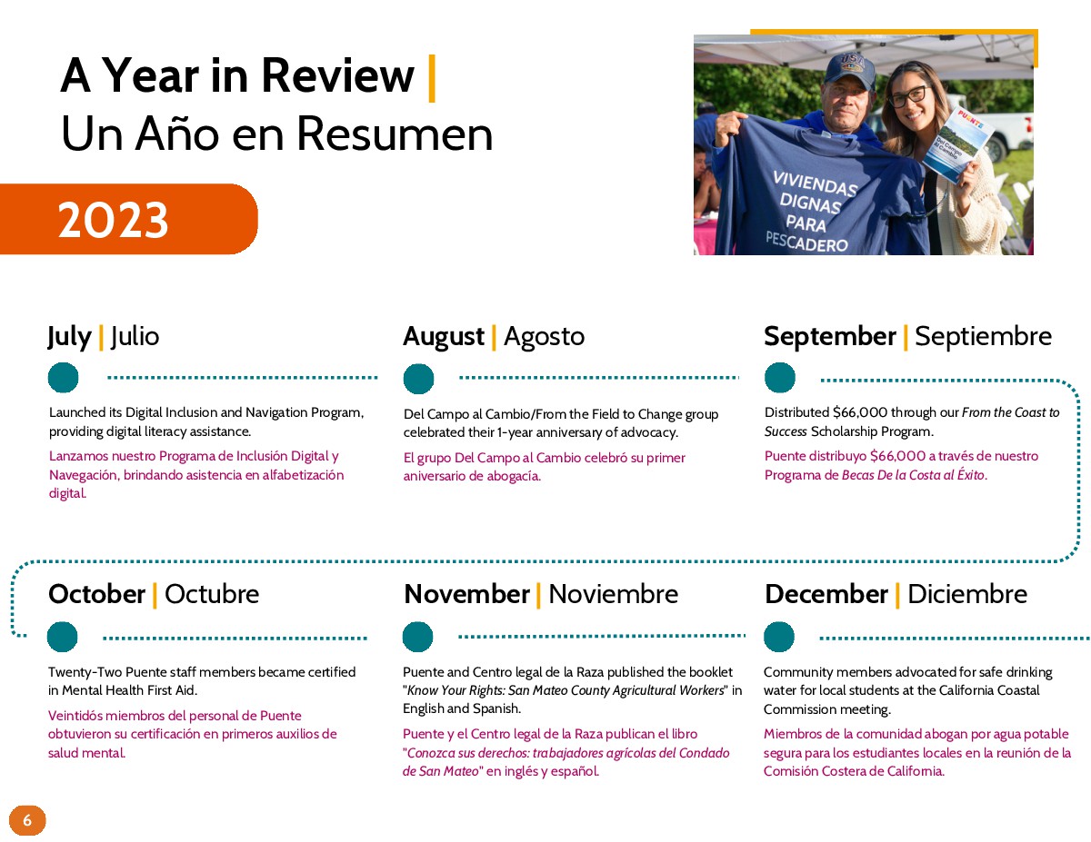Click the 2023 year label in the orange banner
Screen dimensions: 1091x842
(113, 220)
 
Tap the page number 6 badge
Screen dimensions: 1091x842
(27, 820)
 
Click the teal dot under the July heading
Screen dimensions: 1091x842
(64, 377)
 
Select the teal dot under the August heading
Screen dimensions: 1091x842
(418, 379)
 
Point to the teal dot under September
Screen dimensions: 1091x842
(779, 377)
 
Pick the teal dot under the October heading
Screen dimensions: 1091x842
(62, 637)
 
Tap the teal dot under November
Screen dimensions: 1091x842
(417, 637)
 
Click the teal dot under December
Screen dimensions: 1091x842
(778, 637)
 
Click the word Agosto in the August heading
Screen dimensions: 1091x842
(544, 336)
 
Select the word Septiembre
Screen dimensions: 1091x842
(983, 336)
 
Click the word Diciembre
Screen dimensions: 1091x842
(966, 594)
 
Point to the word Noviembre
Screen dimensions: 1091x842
(613, 594)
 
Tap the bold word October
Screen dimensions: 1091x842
(97, 594)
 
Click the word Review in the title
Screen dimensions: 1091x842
(338, 75)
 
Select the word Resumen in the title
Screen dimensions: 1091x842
(395, 134)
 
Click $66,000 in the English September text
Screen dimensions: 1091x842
(859, 412)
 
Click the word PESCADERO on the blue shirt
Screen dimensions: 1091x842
(806, 242)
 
